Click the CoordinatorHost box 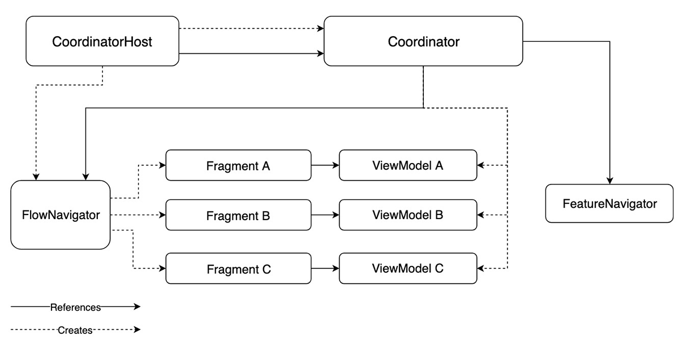[102, 41]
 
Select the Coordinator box [423, 41]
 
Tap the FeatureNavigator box [609, 203]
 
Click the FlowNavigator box [61, 215]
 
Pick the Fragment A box [238, 165]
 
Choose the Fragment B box [238, 215]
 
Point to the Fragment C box [238, 268]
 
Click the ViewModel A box [407, 165]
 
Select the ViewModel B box [407, 215]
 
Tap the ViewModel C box [407, 268]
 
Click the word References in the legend [75, 307]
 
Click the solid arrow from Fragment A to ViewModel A [325, 165]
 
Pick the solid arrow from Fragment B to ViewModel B [325, 215]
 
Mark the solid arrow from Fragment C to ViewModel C [325, 268]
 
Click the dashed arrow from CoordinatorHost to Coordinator [251, 28]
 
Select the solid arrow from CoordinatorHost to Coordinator [251, 54]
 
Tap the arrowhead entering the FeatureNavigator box [609, 180]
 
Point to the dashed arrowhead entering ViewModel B [481, 215]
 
